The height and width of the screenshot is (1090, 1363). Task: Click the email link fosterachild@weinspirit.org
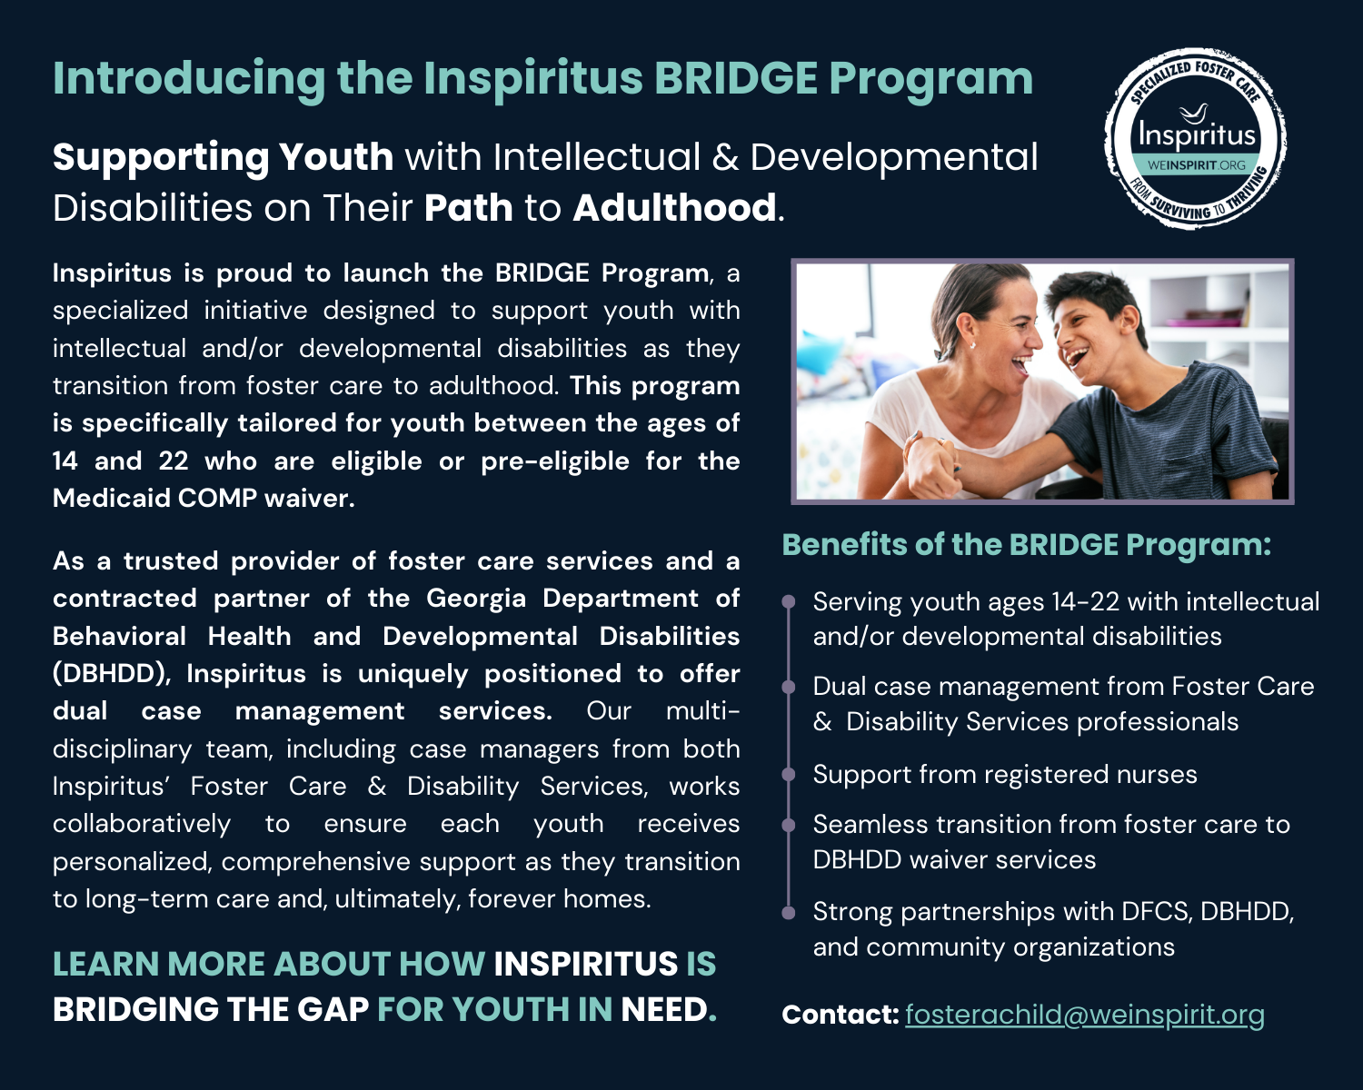[1084, 1015]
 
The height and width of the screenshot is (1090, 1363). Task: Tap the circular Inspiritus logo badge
[1196, 139]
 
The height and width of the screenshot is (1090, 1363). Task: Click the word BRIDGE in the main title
[736, 79]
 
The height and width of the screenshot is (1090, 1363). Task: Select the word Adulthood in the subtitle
[674, 208]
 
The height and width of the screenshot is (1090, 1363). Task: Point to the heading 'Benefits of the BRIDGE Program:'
[1026, 545]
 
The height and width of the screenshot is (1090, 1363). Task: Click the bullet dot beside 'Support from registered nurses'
[789, 775]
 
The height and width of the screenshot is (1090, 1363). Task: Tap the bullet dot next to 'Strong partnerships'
[789, 912]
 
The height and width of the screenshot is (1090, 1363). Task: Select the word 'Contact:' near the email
[840, 1015]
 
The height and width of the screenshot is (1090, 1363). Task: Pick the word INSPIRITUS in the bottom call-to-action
[585, 965]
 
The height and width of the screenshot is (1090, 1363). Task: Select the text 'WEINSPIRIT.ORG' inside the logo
[1196, 165]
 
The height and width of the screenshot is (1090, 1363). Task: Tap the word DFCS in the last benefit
[1155, 912]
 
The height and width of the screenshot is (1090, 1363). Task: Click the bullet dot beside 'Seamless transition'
[789, 825]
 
